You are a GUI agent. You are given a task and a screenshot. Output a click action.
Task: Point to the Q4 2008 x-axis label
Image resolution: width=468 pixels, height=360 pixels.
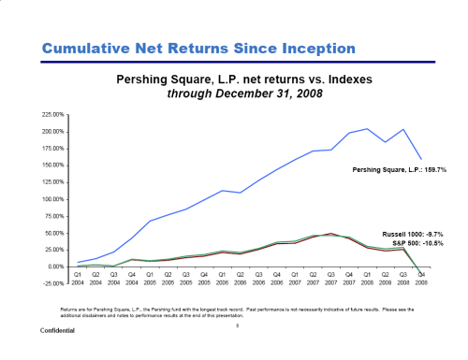(x=422, y=278)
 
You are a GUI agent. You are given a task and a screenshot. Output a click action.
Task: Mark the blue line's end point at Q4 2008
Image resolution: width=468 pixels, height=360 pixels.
(x=422, y=159)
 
